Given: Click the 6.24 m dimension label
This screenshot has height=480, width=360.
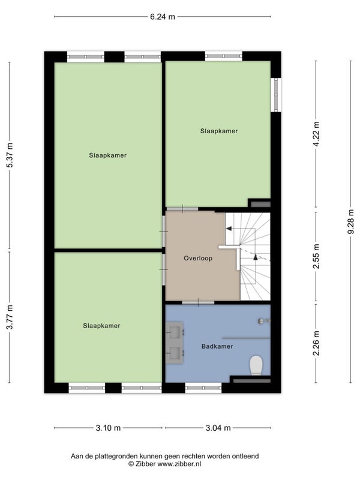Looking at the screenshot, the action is [x=162, y=17].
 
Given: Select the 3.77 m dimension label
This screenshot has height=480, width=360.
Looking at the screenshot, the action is [x=10, y=317].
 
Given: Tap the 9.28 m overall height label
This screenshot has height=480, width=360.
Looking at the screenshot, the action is [x=351, y=221].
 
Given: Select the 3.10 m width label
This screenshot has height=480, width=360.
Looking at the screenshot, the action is [x=108, y=428].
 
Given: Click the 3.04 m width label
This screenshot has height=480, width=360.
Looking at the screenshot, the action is [x=218, y=428].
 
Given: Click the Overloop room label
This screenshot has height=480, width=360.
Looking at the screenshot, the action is [x=198, y=259].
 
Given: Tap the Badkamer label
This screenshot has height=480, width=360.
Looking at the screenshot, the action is [x=217, y=347].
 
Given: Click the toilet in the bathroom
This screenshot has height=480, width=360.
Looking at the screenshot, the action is [x=256, y=365].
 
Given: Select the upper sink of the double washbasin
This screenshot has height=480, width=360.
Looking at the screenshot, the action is [x=175, y=332].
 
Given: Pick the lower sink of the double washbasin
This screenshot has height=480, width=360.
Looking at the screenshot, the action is [x=175, y=353].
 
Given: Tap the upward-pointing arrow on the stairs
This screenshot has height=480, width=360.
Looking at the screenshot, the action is [x=256, y=257].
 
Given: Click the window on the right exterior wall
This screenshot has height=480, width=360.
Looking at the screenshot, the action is [x=276, y=95].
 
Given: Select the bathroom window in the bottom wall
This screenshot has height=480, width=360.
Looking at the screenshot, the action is [x=203, y=388].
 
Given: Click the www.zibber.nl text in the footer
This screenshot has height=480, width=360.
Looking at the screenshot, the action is [x=179, y=464].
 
